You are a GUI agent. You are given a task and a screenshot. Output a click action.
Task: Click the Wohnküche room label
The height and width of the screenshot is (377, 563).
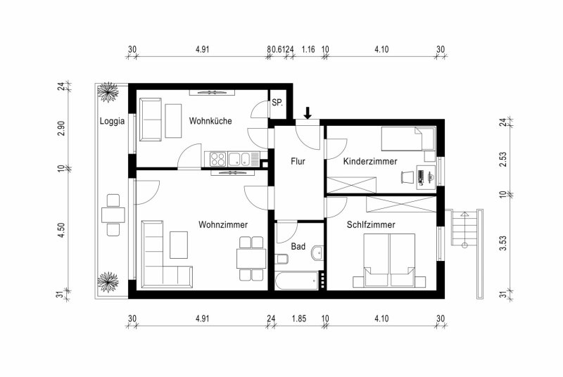(x=210, y=121)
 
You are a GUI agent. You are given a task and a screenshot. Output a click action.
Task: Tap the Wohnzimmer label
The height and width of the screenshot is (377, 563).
(x=223, y=224)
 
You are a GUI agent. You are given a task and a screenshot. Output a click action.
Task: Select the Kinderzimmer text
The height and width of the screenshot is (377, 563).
(x=370, y=161)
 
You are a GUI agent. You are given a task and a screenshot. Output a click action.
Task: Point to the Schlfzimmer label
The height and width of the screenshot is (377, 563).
(x=371, y=224)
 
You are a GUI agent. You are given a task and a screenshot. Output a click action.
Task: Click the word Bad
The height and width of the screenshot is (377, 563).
(x=298, y=246)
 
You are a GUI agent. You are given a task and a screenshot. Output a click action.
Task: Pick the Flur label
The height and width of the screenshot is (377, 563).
(x=298, y=161)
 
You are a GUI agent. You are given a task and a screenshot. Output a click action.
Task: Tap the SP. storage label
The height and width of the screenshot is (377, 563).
(x=277, y=103)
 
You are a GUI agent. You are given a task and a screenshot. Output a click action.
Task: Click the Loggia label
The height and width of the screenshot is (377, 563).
(x=112, y=121)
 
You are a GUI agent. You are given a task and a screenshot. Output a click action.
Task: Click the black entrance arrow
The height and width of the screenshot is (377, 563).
(x=308, y=113)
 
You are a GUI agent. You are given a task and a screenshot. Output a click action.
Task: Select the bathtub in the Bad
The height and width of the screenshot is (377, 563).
(x=296, y=281)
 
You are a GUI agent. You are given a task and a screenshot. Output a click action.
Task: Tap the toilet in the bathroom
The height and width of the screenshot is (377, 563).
(x=281, y=259)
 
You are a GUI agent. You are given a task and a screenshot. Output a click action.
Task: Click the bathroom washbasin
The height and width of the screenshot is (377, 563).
(x=317, y=253)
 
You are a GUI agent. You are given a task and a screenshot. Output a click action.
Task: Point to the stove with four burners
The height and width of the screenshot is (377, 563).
(x=218, y=159)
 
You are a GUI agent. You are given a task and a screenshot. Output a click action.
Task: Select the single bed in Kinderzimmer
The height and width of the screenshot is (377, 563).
(x=408, y=139)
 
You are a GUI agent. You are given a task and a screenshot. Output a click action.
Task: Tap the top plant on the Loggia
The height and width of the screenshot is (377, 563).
(x=108, y=92)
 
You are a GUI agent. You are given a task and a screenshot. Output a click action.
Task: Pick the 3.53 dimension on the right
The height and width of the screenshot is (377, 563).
(x=503, y=243)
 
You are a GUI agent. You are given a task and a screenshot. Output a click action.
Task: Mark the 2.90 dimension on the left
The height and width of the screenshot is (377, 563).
(x=61, y=129)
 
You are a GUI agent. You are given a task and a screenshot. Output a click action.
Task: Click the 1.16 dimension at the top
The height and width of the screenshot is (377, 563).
(x=308, y=49)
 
